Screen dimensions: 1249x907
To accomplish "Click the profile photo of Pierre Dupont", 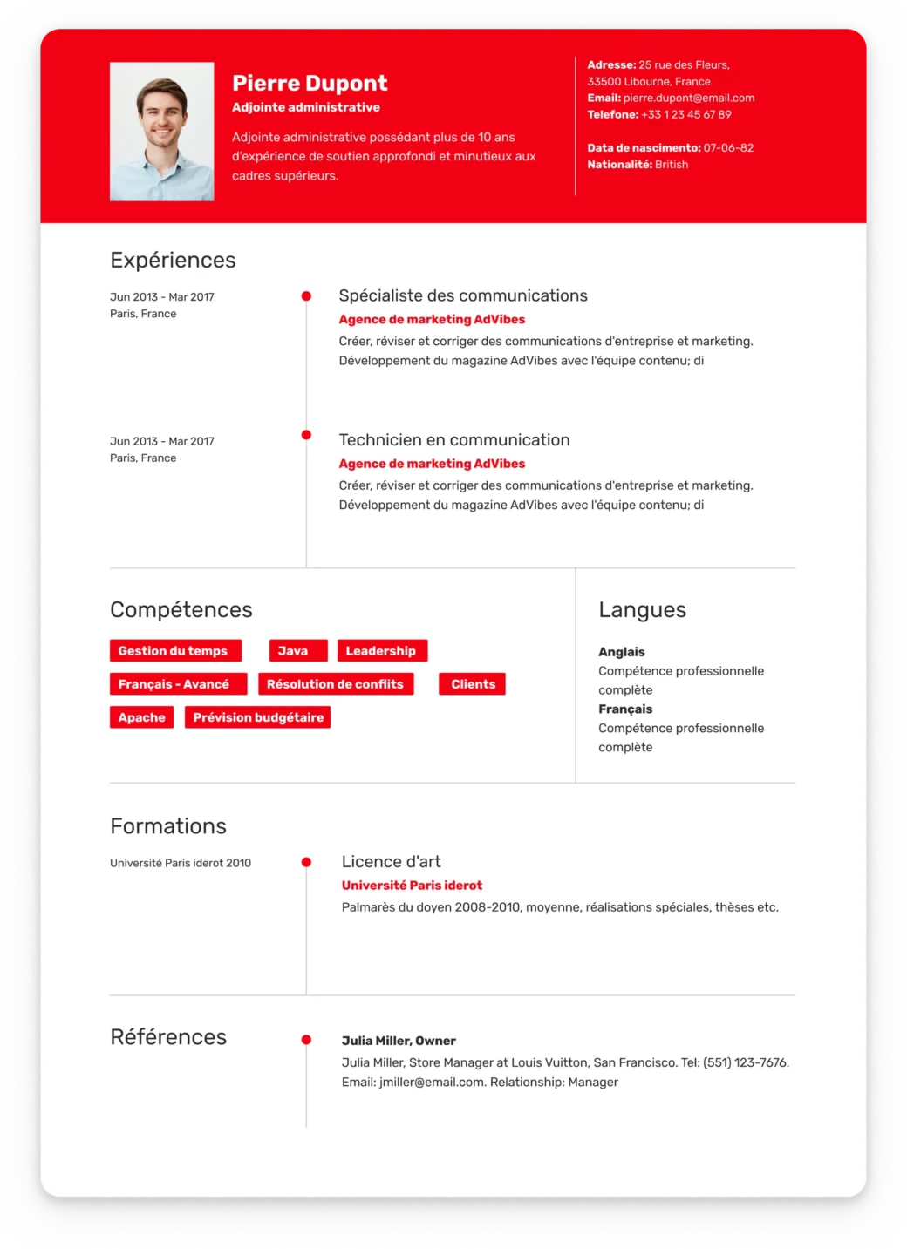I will [x=161, y=132].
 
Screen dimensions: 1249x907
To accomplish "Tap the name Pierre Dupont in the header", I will [x=310, y=83].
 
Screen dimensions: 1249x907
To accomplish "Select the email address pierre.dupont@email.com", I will [x=688, y=98].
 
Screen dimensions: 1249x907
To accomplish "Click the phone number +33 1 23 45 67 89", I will [x=685, y=114].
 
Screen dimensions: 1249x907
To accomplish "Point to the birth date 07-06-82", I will [x=728, y=147].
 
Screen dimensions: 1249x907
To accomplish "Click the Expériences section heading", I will [x=173, y=260].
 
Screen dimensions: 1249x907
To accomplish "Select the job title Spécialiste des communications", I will [x=462, y=295].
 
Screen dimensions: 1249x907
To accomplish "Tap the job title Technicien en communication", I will [x=453, y=440].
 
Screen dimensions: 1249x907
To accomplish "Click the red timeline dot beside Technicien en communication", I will [x=306, y=435].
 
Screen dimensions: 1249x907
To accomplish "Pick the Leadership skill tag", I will [x=381, y=650].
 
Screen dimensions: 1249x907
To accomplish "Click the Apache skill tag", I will [x=141, y=717].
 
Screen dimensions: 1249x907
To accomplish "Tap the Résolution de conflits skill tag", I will [x=335, y=684].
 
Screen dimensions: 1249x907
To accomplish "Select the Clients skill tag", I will [x=473, y=684].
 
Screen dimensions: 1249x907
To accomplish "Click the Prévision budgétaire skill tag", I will [x=258, y=717].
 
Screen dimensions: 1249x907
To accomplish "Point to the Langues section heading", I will [x=642, y=610].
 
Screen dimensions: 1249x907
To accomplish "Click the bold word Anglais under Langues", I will [x=621, y=652].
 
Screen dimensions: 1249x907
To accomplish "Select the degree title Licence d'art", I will [x=391, y=861].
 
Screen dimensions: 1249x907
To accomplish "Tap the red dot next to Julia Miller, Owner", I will [x=306, y=1040].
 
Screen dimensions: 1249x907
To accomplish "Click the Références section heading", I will [x=168, y=1036].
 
